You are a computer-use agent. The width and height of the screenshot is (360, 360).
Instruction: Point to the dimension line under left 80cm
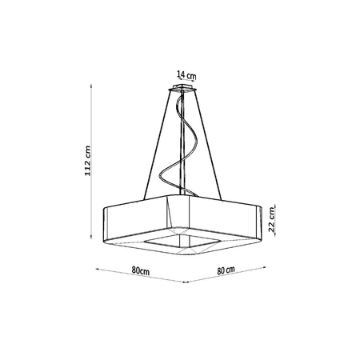click(140, 278)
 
